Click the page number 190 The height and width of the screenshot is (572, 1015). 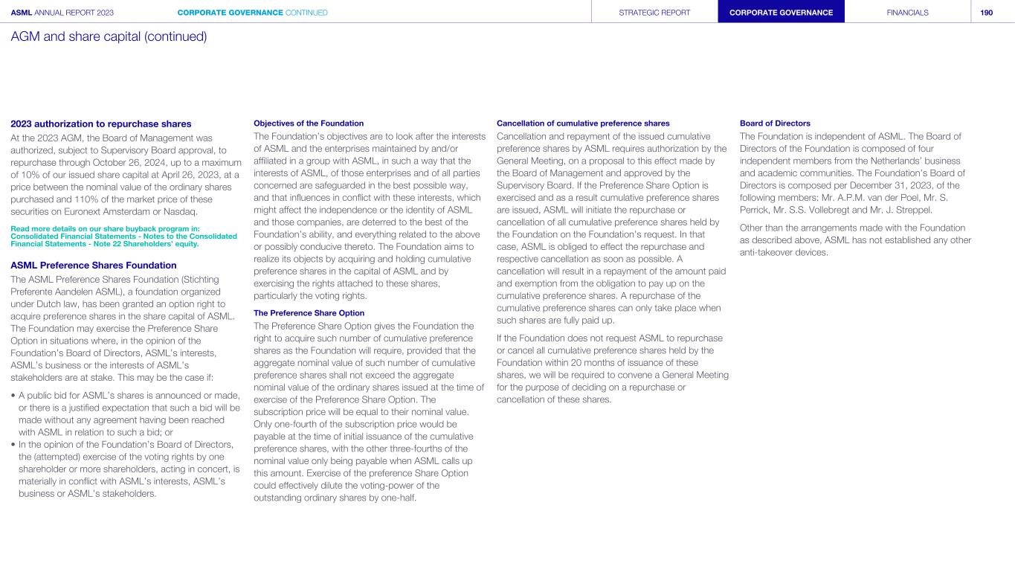(986, 13)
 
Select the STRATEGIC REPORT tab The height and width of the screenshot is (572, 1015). (654, 13)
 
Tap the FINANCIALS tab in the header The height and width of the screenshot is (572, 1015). (907, 13)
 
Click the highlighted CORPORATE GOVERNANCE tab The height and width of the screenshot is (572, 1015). (781, 13)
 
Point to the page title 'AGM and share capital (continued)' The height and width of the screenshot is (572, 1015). (109, 36)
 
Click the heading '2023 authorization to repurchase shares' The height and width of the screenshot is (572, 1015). (101, 124)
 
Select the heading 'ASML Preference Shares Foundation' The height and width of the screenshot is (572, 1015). (93, 265)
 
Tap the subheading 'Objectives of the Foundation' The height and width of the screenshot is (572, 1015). (309, 123)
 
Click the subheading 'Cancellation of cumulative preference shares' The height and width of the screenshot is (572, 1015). (583, 123)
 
